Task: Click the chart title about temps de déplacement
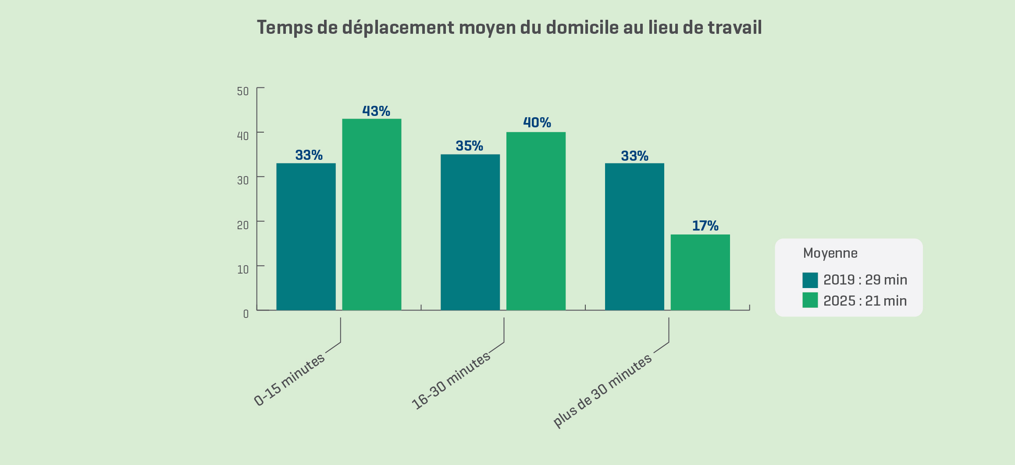tap(509, 27)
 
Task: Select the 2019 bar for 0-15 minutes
tap(306, 237)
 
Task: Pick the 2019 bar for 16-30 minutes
tap(470, 232)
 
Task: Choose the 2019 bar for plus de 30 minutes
tap(634, 237)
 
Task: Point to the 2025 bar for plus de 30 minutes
tap(700, 272)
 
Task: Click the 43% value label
tap(376, 111)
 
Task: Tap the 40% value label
tap(537, 123)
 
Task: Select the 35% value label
tap(470, 146)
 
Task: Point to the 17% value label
tap(705, 226)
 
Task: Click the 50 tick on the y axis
tap(243, 91)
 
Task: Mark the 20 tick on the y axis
tap(243, 225)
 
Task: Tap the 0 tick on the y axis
tap(246, 314)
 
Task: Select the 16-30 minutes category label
tap(451, 381)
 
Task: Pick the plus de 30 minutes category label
tap(603, 390)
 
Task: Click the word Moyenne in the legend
tap(830, 253)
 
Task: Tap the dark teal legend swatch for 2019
tap(810, 280)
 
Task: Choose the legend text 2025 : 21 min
tap(865, 301)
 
